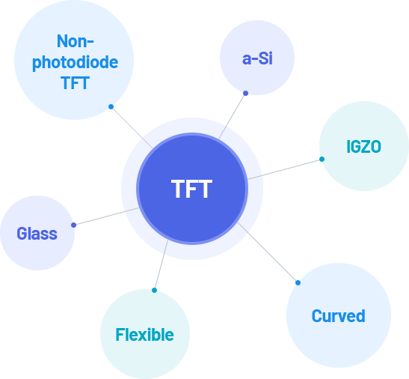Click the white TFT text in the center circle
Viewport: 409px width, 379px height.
(x=191, y=189)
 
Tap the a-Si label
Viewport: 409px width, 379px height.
(x=257, y=58)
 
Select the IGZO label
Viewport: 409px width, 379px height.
(x=363, y=146)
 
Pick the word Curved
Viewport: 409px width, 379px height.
(x=338, y=316)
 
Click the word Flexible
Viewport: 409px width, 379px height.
(x=144, y=335)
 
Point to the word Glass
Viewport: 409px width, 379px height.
(x=37, y=234)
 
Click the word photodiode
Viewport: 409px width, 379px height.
(x=75, y=63)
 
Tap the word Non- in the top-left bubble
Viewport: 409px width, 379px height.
(x=75, y=41)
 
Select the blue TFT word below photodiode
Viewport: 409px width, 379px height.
(x=75, y=83)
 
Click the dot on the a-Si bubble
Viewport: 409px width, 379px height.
(x=245, y=93)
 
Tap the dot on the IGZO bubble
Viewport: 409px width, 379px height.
(x=322, y=160)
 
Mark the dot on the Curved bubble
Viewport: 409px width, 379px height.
(x=298, y=282)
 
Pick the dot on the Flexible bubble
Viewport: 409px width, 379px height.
(x=155, y=290)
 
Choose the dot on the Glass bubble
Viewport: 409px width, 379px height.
(x=73, y=225)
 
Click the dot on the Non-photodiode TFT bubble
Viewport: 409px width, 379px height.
(x=111, y=106)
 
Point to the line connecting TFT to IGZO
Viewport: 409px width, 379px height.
(x=285, y=169)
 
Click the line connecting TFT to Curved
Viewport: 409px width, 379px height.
(x=268, y=252)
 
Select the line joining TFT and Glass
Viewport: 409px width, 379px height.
(x=106, y=216)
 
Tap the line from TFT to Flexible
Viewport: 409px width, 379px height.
(x=162, y=265)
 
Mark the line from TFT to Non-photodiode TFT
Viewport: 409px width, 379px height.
(x=132, y=127)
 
